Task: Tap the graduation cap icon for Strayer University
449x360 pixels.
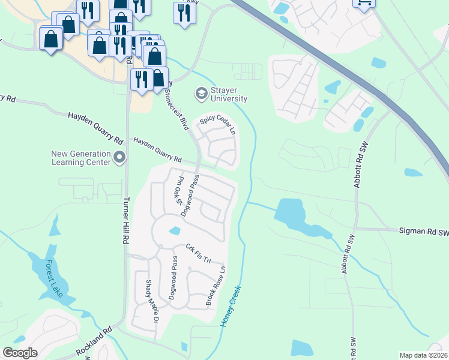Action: pos(200,94)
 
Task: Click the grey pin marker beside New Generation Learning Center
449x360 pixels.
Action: pos(119,158)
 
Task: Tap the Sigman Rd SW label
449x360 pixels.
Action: pos(424,230)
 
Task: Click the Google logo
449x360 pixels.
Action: pos(20,353)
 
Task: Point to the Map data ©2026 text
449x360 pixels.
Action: pos(423,355)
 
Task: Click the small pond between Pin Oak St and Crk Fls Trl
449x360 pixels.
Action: pos(174,230)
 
